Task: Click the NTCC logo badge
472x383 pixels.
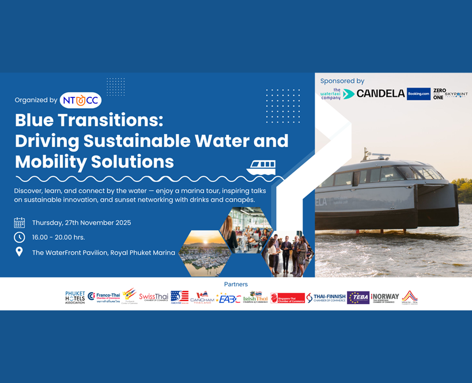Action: pos(81,100)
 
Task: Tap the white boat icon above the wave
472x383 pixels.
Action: pos(261,167)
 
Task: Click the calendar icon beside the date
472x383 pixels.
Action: pos(20,223)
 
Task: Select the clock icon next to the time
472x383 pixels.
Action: pos(20,237)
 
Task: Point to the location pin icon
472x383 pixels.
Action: pos(20,252)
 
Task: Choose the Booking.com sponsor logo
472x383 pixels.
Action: pos(418,93)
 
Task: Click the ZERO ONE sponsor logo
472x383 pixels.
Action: pos(439,94)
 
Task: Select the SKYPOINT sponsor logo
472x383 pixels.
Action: pos(456,94)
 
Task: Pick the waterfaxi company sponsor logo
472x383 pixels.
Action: pos(330,94)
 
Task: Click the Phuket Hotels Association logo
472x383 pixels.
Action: pos(75,297)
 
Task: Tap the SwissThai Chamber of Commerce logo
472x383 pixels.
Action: pos(153,297)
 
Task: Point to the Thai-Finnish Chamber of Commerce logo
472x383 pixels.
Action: pos(326,297)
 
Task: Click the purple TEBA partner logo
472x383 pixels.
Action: pos(358,297)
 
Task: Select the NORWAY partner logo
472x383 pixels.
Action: pos(385,297)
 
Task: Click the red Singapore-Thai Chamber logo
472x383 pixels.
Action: pos(288,298)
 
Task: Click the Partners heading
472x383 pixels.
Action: pos(236,284)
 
